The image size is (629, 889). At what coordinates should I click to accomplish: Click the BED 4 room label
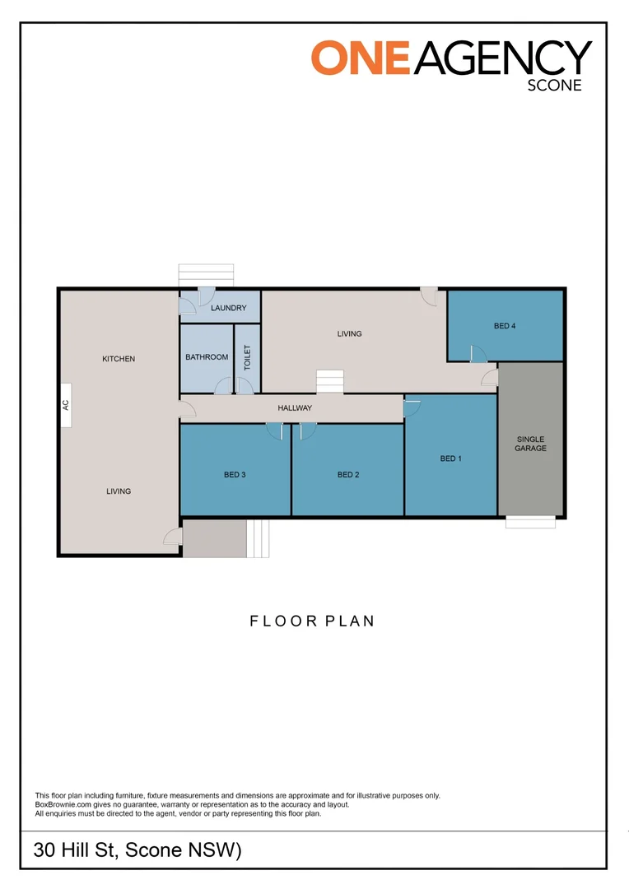click(505, 326)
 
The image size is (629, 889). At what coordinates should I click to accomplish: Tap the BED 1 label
click(450, 458)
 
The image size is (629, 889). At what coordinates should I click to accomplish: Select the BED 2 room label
click(348, 475)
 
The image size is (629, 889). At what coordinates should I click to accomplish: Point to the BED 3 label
click(235, 475)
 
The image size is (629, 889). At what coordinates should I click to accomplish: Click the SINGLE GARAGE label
click(530, 444)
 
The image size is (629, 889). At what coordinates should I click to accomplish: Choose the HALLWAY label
click(295, 408)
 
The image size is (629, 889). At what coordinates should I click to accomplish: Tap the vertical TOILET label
click(246, 358)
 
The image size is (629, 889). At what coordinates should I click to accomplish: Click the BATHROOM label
click(207, 357)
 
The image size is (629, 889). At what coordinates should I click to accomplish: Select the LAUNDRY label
click(228, 309)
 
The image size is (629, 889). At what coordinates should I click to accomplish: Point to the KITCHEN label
click(119, 359)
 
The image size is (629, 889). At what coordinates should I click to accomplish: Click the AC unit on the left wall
click(66, 405)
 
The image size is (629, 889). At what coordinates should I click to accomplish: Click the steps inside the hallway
click(330, 382)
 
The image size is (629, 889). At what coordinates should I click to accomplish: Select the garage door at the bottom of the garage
click(530, 522)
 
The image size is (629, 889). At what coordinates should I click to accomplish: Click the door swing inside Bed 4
click(478, 353)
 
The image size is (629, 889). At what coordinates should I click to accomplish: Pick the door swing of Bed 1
click(412, 406)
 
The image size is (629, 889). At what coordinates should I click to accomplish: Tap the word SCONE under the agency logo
click(554, 85)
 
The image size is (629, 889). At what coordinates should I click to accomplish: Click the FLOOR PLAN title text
click(312, 621)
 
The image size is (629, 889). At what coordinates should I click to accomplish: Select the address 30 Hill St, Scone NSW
click(137, 850)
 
